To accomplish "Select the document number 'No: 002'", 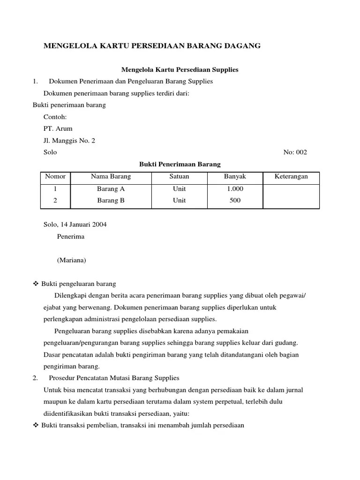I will coord(295,152).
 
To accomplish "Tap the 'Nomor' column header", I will coord(55,177).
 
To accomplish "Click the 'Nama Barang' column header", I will coord(111,177).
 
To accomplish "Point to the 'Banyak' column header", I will coord(235,177).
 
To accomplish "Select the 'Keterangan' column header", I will coord(291,177).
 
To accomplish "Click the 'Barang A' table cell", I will coord(111,189).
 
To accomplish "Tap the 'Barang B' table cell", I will coord(111,200).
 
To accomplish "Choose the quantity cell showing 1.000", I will coord(235,189).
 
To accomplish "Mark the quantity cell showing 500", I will coord(235,200).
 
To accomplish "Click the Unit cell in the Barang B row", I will coord(179,200).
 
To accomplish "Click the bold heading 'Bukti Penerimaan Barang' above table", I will coord(180,165).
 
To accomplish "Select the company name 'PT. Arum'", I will coord(58,128).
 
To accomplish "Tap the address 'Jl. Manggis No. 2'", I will coord(69,141).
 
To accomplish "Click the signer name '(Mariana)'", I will coord(71,260).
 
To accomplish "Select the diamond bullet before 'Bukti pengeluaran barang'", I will coord(36,284).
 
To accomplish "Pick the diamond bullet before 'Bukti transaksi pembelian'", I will coord(36,426).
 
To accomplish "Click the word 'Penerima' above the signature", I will coord(71,237).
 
